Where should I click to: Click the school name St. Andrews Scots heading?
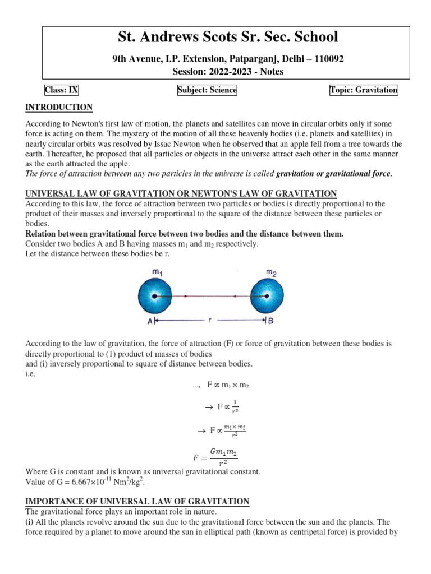(x=228, y=38)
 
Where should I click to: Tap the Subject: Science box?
(x=207, y=90)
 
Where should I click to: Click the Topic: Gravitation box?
(x=364, y=90)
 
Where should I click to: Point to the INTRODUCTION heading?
(x=59, y=107)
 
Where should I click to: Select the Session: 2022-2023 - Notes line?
(x=228, y=71)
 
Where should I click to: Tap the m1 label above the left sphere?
(x=157, y=271)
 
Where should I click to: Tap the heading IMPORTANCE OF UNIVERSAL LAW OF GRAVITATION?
(x=137, y=501)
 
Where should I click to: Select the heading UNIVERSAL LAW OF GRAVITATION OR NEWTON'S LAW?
(x=181, y=193)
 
